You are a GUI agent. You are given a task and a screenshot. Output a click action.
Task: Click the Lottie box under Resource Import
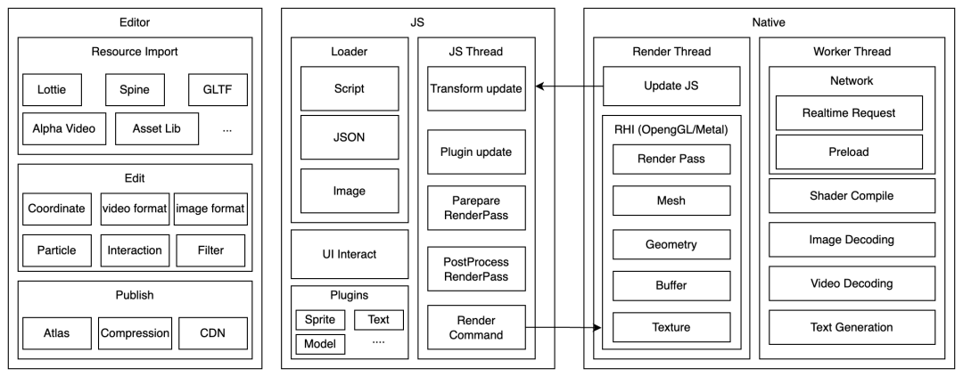click(53, 90)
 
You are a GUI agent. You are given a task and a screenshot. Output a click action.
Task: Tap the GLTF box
click(217, 90)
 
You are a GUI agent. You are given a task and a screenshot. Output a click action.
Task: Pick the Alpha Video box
click(59, 129)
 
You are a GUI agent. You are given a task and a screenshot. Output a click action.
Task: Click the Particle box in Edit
click(56, 250)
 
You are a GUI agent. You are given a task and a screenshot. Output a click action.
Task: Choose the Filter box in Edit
click(210, 250)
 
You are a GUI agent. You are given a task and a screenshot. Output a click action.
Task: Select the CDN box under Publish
click(212, 332)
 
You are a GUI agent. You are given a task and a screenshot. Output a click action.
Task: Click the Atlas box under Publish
click(56, 332)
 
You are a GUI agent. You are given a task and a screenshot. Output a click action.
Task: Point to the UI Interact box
click(350, 254)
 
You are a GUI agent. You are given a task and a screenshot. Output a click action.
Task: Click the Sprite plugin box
click(318, 319)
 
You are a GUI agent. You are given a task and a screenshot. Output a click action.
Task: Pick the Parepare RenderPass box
click(476, 207)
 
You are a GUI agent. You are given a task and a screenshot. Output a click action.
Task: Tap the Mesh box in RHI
click(671, 201)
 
